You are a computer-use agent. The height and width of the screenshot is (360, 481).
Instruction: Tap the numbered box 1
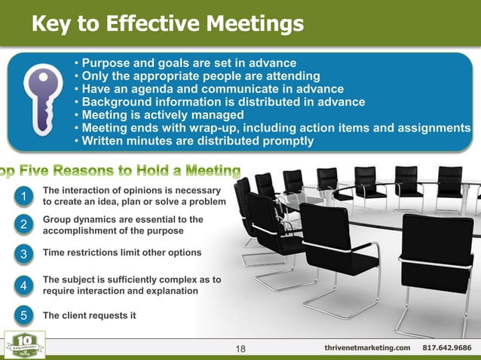coord(24,197)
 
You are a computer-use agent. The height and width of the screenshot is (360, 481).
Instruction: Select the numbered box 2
coord(24,224)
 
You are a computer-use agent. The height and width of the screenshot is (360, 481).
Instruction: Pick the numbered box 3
coord(24,254)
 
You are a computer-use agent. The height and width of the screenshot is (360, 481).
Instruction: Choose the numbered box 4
coord(24,285)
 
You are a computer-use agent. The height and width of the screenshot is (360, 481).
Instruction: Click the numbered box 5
coord(24,316)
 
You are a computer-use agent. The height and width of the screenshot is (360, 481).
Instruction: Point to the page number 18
coord(241,348)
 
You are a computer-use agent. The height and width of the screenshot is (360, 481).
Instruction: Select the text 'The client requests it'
coord(84,316)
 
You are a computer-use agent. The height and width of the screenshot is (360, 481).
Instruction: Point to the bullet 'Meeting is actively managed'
coord(163,114)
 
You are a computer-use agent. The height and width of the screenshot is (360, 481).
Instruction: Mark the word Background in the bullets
coord(119,102)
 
